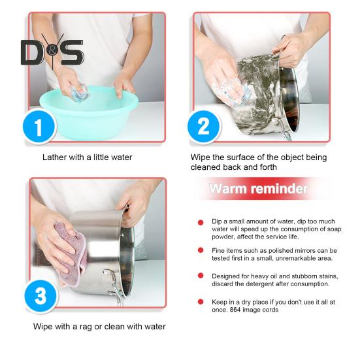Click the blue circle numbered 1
coord(39,127)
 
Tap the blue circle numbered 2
coord(203,127)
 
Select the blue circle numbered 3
coord(41,296)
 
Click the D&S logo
coord(52,52)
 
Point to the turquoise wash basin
coord(89,112)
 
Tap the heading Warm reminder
coord(259,189)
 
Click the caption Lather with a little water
coord(88,157)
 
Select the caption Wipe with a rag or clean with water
coord(99,327)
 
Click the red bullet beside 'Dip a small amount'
coord(201,223)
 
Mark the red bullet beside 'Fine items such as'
coord(201,250)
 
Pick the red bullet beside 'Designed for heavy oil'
coord(201,276)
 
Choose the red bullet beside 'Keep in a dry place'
coord(201,302)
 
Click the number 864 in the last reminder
coord(235,310)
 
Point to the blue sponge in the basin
coord(80,93)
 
